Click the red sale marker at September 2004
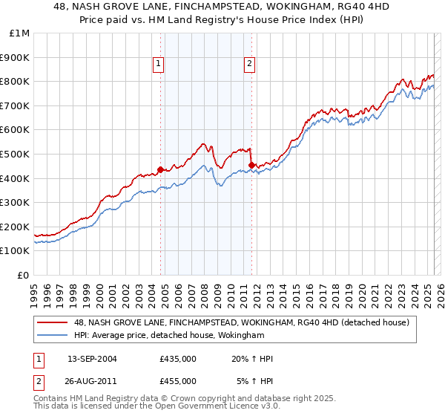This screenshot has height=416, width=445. pyautogui.click(x=160, y=169)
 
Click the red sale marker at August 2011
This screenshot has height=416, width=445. pyautogui.click(x=251, y=165)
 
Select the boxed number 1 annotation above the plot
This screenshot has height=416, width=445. pyautogui.click(x=159, y=65)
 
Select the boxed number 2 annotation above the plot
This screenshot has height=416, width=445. pyautogui.click(x=249, y=65)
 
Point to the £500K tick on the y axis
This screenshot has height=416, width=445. pyautogui.click(x=15, y=154)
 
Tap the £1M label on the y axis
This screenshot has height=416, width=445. pyautogui.click(x=20, y=33)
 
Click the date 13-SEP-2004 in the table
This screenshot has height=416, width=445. pyautogui.click(x=93, y=360)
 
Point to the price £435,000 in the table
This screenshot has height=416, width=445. pyautogui.click(x=178, y=360)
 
